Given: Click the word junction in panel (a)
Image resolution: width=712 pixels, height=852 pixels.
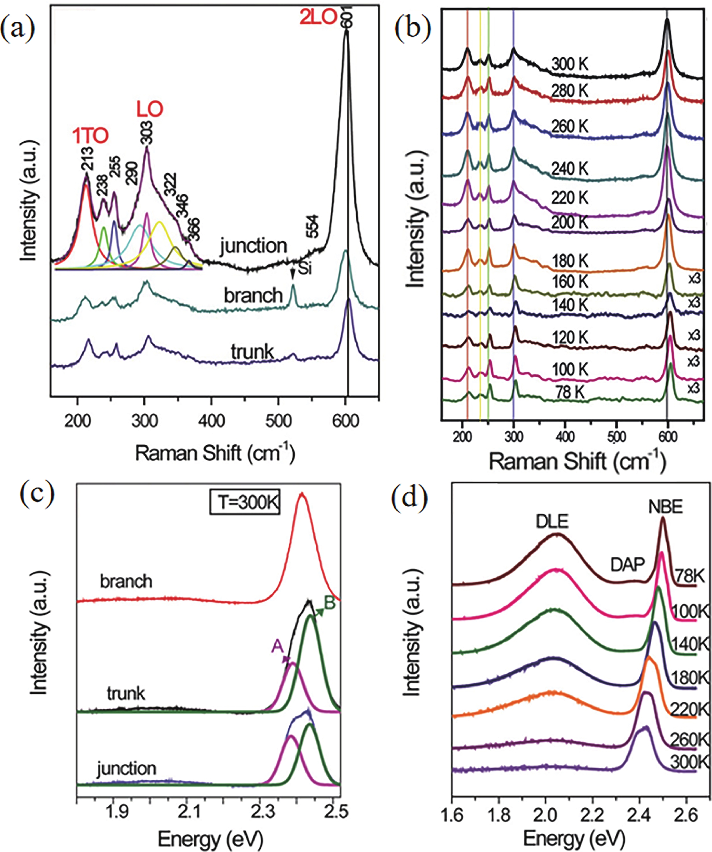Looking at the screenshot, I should click(x=253, y=246).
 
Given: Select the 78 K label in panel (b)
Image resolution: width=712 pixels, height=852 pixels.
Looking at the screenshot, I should click(x=570, y=392).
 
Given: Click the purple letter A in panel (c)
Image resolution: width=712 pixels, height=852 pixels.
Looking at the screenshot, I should click(x=277, y=647).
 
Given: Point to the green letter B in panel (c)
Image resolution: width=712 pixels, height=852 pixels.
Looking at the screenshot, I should click(x=329, y=603).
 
